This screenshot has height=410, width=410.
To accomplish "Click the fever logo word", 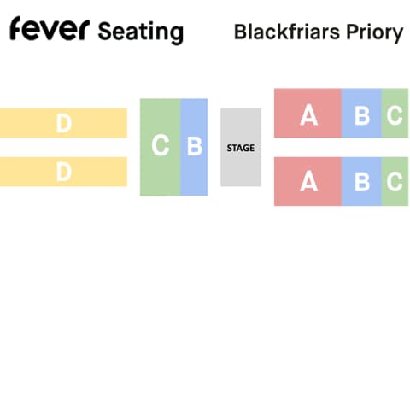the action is (x=50, y=28).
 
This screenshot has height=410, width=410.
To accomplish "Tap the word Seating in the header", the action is (x=141, y=32).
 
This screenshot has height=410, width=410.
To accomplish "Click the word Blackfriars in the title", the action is (x=287, y=32).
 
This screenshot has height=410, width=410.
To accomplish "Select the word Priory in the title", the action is (x=375, y=32).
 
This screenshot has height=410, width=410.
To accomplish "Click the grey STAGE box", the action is (x=241, y=147).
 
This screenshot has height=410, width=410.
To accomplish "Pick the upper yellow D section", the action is (x=63, y=123).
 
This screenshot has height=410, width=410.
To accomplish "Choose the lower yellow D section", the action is (x=63, y=172).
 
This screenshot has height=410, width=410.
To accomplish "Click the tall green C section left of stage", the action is (x=161, y=147).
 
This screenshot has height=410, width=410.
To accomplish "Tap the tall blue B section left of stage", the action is (x=194, y=147).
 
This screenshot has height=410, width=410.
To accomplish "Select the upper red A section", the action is (x=307, y=113).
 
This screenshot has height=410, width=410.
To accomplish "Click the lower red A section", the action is (x=307, y=181).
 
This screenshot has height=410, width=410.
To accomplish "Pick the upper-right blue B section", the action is (x=361, y=113).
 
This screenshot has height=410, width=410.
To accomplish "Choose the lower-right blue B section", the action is (x=361, y=181).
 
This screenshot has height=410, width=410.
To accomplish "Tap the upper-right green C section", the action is (x=395, y=113).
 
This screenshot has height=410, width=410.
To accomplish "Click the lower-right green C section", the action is (x=395, y=181).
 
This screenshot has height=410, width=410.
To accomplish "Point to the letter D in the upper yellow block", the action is (x=64, y=123).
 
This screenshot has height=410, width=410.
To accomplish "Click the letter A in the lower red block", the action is (x=309, y=182).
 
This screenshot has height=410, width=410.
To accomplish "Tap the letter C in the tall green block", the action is (x=161, y=146).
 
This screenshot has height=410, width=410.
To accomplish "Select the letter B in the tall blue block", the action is (x=195, y=146).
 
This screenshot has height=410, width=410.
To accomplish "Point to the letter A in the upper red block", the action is (x=309, y=115).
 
